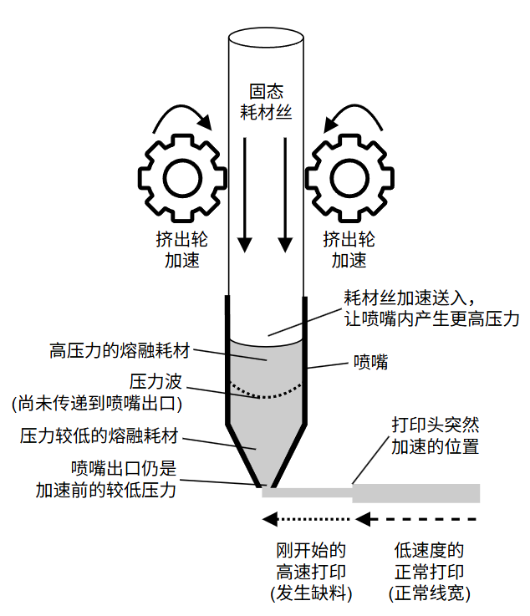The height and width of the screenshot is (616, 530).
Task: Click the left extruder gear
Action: click(x=182, y=176)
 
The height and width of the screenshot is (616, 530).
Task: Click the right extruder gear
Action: click(x=349, y=176)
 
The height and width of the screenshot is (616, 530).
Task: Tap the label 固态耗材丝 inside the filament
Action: click(x=267, y=101)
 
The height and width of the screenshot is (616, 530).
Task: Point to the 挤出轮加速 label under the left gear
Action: click(x=182, y=249)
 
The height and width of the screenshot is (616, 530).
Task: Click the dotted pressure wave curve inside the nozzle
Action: click(x=266, y=392)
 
